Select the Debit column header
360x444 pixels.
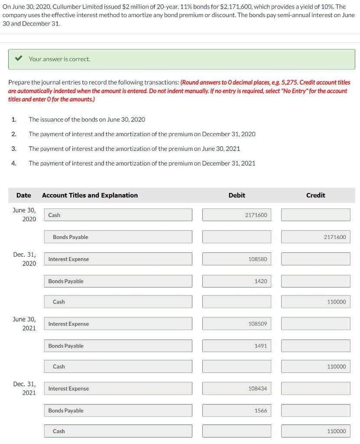237,195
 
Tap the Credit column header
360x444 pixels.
315,195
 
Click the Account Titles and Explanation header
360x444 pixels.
90,195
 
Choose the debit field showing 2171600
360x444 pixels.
237,215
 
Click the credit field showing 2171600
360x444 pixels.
315,237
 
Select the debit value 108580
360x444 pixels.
237,259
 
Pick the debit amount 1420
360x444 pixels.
237,281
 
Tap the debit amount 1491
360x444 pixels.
237,346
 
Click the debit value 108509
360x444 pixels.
237,324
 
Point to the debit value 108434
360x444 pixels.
237,389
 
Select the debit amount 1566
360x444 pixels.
237,411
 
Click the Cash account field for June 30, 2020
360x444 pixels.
118,215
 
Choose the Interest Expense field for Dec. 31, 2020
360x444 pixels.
118,259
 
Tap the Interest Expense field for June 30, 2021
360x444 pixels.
118,324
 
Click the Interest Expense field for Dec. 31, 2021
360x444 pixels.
118,389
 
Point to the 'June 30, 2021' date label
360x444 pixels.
24,323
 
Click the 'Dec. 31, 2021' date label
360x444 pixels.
24,388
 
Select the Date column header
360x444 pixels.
23,195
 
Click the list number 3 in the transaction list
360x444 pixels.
14,149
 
